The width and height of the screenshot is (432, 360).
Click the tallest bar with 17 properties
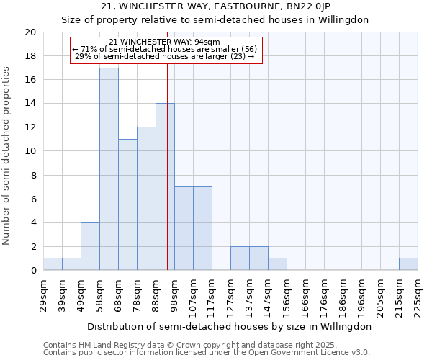click(109, 169)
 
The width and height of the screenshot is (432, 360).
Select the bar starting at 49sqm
click(90, 246)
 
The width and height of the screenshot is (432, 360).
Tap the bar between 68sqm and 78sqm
click(127, 204)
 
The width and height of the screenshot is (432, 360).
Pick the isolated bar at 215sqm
click(408, 264)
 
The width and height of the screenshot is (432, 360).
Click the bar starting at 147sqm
click(277, 264)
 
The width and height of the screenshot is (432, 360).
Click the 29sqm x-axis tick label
click(43, 294)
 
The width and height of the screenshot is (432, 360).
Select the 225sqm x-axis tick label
click(418, 294)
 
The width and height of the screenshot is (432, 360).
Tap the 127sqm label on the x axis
click(230, 294)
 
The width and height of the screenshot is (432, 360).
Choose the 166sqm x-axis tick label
click(305, 294)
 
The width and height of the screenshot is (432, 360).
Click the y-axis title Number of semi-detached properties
click(7, 156)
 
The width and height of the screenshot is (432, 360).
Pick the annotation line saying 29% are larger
click(165, 56)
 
